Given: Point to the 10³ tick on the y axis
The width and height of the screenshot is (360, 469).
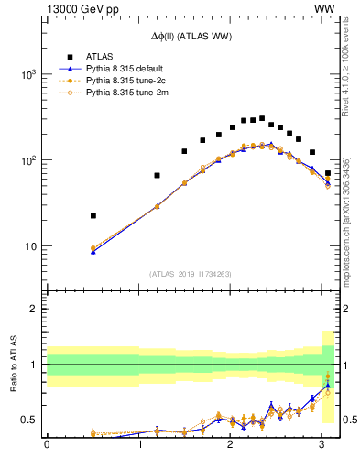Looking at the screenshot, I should (27, 74).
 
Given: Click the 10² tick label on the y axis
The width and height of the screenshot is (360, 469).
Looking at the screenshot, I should (27, 160).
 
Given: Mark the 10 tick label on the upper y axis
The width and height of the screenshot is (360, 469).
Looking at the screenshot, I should (30, 246).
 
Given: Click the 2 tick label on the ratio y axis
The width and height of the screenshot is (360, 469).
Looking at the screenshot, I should (33, 309).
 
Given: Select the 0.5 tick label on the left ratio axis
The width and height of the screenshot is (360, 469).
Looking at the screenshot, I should (28, 420).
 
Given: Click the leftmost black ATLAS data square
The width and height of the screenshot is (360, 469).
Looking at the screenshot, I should (93, 216).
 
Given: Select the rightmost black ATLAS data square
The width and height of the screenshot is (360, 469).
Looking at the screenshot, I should (328, 173).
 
